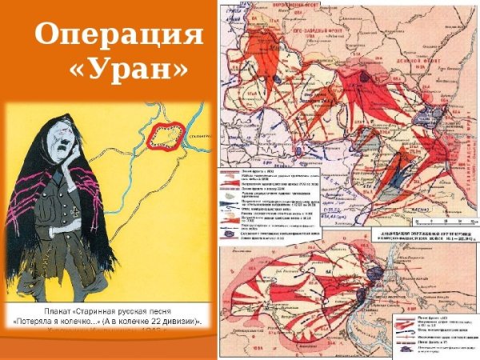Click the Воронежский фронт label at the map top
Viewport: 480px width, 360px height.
(x=280, y=6)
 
